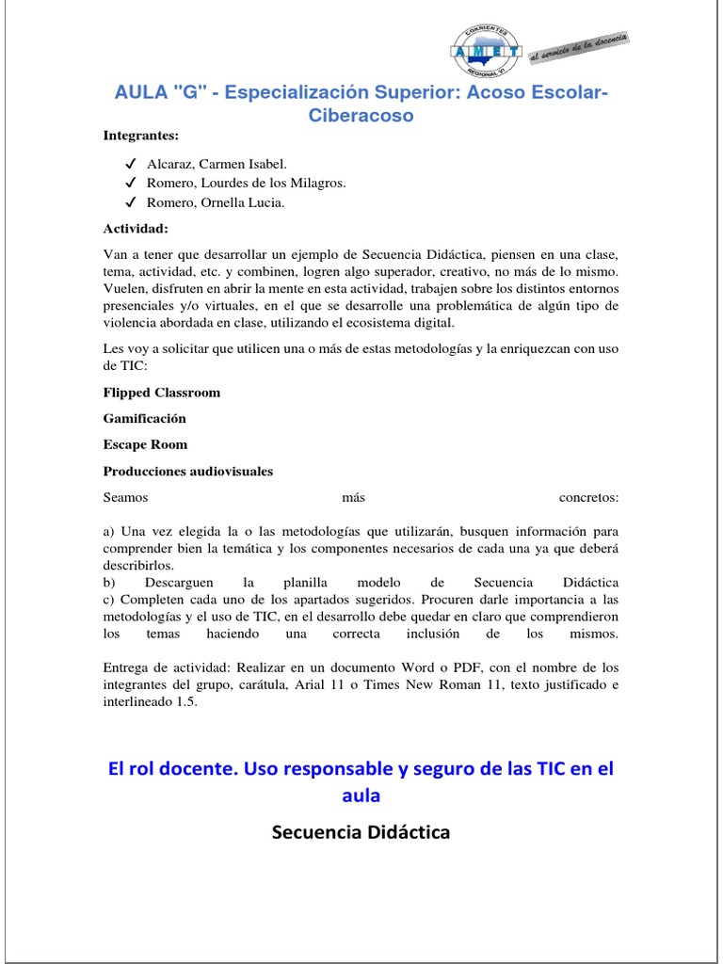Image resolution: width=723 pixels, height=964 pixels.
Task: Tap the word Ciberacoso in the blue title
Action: click(x=361, y=116)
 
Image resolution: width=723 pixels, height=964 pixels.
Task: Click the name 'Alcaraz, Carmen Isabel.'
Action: click(x=210, y=164)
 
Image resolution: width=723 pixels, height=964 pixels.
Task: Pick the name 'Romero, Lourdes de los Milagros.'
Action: click(x=247, y=183)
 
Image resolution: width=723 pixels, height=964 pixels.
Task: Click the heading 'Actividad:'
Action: click(x=137, y=229)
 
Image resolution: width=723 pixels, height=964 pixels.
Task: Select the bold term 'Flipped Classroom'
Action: click(x=162, y=392)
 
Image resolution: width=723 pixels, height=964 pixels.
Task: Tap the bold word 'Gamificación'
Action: click(x=145, y=418)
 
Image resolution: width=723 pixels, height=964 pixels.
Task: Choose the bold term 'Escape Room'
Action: click(x=145, y=444)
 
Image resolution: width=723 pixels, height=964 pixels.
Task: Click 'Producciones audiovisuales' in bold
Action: click(x=188, y=471)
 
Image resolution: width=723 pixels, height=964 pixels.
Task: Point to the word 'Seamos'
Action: click(x=126, y=497)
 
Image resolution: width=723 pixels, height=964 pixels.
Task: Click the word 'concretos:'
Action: click(x=588, y=497)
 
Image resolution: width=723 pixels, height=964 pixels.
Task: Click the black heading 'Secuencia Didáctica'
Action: click(x=361, y=832)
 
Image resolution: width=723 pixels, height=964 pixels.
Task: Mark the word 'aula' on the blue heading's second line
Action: click(x=361, y=795)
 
